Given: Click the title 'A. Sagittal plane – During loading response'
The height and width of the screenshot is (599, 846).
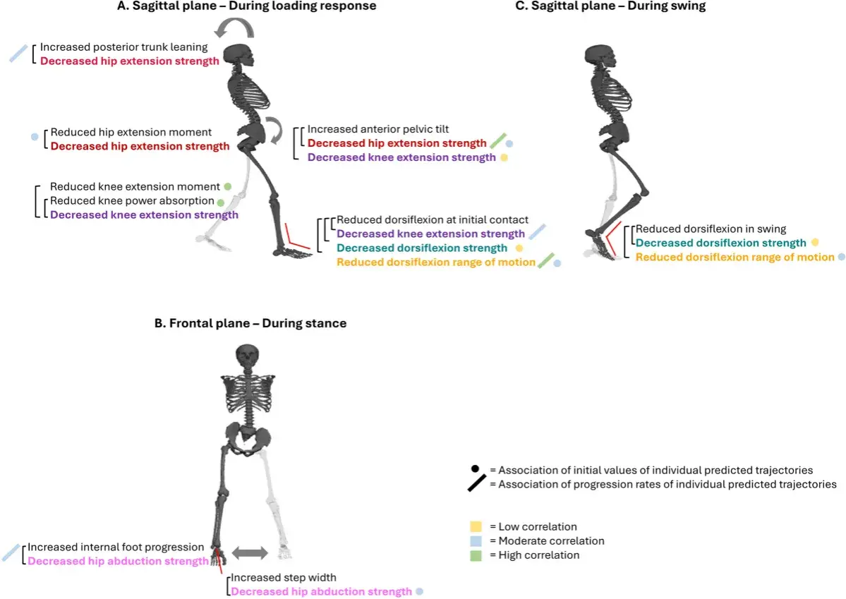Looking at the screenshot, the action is tap(246, 6).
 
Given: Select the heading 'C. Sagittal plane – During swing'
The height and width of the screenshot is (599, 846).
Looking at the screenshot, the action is tap(610, 6).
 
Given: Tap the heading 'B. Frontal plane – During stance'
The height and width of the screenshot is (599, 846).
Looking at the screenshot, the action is tap(250, 323).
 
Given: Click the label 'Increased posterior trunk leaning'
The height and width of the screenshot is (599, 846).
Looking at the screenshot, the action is tap(123, 47).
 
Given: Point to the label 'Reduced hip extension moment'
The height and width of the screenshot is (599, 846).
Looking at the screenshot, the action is tap(131, 132).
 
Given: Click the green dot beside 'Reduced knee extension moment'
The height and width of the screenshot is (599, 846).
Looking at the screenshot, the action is tap(228, 187).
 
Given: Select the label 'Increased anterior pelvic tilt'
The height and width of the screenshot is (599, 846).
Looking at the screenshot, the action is tap(377, 129).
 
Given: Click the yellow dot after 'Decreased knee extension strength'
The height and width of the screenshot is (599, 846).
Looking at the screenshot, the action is tap(504, 157).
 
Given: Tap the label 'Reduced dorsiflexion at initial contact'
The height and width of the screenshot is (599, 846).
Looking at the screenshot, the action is tap(432, 219).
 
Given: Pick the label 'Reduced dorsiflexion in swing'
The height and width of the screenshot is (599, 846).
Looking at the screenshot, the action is tap(711, 229).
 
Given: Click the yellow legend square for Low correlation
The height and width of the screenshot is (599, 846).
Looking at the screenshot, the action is tap(476, 527).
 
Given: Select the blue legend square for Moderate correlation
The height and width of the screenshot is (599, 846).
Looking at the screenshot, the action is tap(476, 540).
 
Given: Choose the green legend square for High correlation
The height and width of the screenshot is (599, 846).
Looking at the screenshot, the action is tap(476, 555).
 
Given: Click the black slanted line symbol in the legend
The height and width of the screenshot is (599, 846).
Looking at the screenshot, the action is tap(477, 483).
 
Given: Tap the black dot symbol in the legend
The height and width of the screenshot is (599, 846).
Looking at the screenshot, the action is tap(475, 469).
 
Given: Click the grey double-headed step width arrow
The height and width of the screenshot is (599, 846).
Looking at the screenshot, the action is tap(250, 552).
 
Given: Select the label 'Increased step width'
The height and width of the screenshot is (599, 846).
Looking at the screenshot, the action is tap(283, 577).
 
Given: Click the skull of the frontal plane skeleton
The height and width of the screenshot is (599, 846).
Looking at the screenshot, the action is tap(247, 358).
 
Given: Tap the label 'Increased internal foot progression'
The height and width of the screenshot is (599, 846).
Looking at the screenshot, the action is tap(116, 547).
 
